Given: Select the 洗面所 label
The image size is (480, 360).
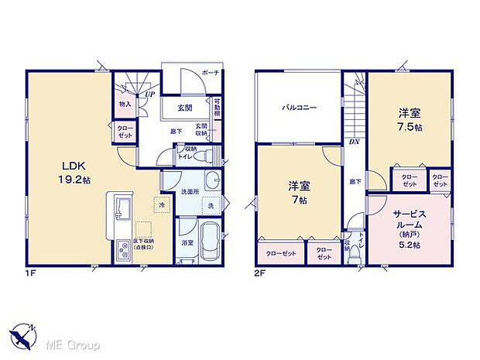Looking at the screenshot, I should (190, 191).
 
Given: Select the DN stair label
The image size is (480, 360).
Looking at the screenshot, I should (352, 142).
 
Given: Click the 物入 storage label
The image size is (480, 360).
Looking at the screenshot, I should (124, 103).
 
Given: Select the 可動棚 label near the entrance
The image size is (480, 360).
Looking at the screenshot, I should (218, 106).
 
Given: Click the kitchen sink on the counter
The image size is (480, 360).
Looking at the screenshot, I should (124, 207).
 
